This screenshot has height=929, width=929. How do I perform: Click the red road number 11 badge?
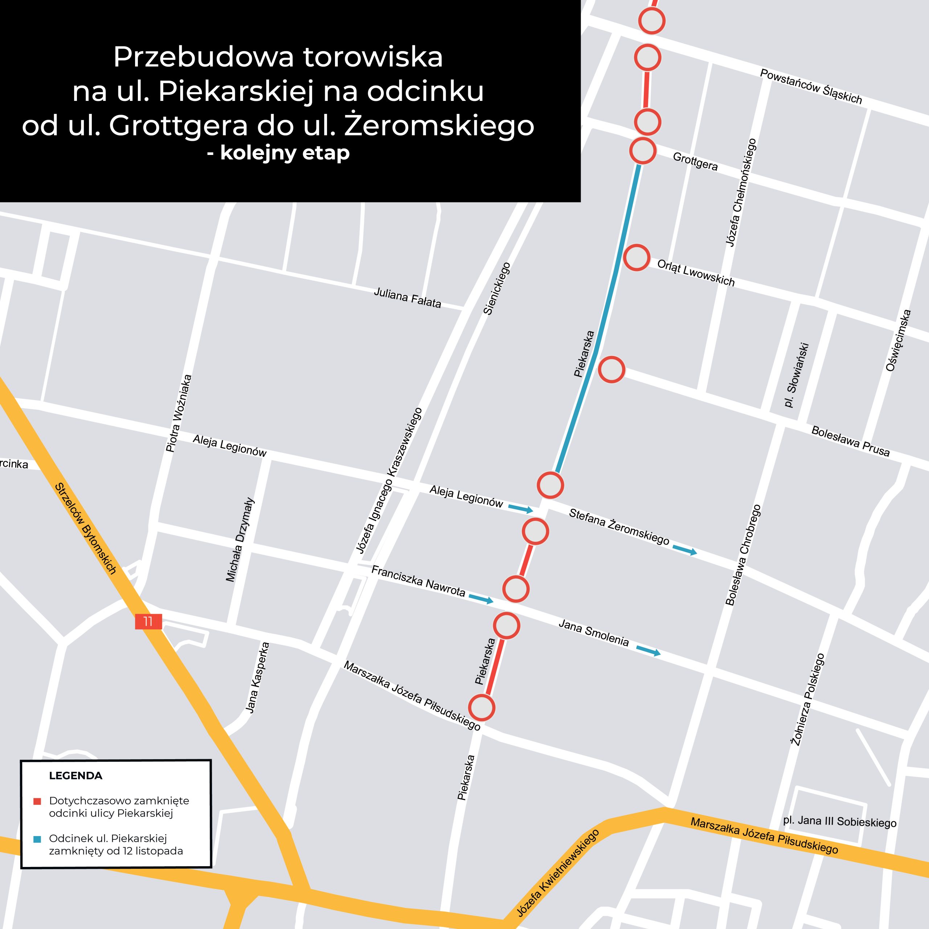click(x=148, y=621)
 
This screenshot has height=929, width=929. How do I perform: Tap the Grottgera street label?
click(x=695, y=161)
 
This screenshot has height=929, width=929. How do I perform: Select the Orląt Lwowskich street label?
click(x=696, y=273)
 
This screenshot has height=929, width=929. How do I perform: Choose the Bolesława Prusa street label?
click(x=850, y=441)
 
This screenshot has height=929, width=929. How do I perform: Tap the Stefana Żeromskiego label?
click(x=619, y=527)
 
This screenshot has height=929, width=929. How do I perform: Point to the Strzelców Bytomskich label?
click(x=86, y=528)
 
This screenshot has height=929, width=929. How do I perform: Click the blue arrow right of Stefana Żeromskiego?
click(x=685, y=550)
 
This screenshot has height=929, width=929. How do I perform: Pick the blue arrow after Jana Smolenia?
click(x=648, y=651)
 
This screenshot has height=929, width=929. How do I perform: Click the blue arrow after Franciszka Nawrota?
click(x=481, y=599)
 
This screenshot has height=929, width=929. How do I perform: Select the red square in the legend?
click(x=37, y=802)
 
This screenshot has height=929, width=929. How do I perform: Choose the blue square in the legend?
click(x=37, y=840)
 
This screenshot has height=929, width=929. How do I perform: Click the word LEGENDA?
click(x=75, y=775)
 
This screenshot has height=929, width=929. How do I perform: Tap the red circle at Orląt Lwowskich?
click(x=637, y=257)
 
